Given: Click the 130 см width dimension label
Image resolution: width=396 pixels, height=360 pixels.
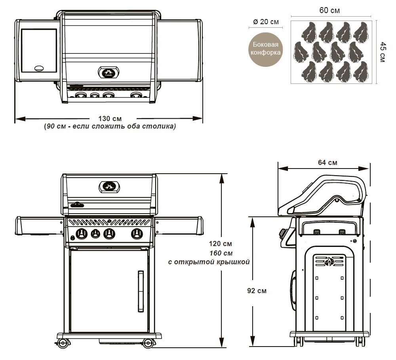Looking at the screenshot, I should pyautogui.click(x=110, y=118).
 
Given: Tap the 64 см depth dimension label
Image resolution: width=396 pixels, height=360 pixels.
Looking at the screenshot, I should pyautogui.click(x=327, y=162).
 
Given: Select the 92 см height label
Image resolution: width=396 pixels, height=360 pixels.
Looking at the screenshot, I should pyautogui.click(x=257, y=291).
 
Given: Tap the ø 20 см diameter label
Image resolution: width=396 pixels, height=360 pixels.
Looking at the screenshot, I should pyautogui.click(x=265, y=22).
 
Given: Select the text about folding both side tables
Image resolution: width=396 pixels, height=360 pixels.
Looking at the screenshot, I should pyautogui.click(x=110, y=127).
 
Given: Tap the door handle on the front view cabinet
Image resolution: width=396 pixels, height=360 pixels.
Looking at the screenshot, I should pyautogui.click(x=141, y=291).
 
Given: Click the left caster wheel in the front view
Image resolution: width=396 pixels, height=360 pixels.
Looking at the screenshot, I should pyautogui.click(x=62, y=342).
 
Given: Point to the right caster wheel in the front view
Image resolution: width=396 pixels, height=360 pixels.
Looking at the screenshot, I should pyautogui.click(x=147, y=342).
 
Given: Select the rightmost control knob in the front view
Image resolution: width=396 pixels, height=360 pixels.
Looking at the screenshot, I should pyautogui.click(x=137, y=234).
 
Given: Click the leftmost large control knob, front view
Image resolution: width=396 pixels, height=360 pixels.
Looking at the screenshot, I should pyautogui.click(x=82, y=234).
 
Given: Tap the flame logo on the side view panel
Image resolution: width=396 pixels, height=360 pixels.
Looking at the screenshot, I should pyautogui.click(x=329, y=261).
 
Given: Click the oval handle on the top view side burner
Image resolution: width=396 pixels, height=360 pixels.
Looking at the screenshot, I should pyautogui.click(x=40, y=68).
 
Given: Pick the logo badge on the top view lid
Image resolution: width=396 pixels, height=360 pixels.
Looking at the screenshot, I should pyautogui.click(x=109, y=72).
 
